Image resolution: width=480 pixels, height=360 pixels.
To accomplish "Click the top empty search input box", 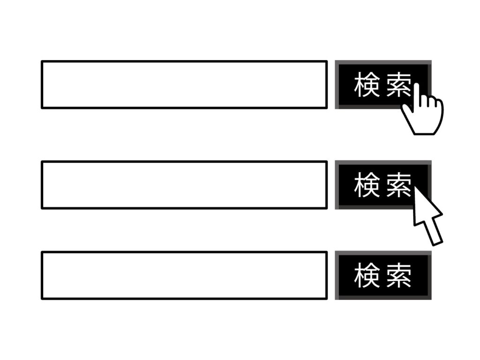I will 184,84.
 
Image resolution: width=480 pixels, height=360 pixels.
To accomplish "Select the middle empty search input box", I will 184,185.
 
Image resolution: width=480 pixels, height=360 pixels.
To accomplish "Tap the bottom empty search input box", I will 184,275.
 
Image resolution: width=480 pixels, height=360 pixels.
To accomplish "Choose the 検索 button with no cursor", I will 383,275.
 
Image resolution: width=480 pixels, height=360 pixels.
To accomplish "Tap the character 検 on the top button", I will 367,85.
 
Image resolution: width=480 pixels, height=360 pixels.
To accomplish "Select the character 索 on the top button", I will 398,85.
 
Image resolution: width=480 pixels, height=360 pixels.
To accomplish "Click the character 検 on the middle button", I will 367,185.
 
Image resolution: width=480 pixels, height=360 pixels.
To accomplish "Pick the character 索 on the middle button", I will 398,185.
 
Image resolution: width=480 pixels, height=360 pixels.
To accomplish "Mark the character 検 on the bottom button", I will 367,275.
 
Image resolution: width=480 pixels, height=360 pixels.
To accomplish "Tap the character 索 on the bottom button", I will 398,275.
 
